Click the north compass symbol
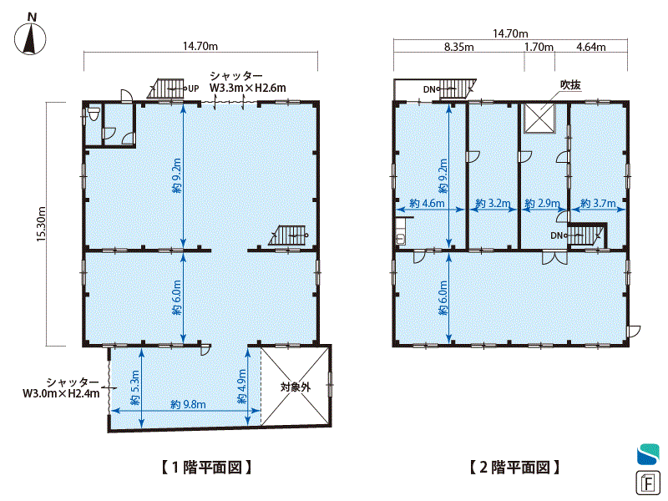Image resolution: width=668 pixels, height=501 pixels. point(30,35)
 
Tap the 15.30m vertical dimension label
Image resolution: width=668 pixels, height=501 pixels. point(41,224)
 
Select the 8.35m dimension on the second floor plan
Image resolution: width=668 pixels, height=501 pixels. point(458,47)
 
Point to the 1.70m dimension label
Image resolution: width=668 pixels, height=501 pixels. point(539,47)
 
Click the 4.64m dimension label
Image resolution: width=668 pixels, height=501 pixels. point(591,47)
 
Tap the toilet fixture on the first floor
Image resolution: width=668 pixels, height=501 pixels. point(94,114)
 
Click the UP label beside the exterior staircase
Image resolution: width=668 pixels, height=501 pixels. point(194,89)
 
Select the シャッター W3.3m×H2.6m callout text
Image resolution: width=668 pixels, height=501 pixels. point(247,82)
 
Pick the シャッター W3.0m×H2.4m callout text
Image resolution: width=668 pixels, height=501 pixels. point(61,387)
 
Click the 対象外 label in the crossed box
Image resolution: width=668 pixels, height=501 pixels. point(296,387)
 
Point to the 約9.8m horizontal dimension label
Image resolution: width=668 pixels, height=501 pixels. point(188,404)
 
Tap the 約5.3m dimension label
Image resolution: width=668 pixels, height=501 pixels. point(135,387)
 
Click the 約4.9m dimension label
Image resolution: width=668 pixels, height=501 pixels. point(241,386)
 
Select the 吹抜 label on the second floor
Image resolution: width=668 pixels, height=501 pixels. point(570,85)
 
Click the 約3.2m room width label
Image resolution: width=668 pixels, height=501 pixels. point(493,203)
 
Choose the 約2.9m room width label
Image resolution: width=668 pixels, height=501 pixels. point(542,203)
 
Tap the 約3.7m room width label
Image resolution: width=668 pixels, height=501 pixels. point(598,203)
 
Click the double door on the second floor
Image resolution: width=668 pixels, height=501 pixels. point(554,258)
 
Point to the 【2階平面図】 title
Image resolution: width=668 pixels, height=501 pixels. point(514,468)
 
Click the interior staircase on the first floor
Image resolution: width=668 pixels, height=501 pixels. point(288,235)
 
